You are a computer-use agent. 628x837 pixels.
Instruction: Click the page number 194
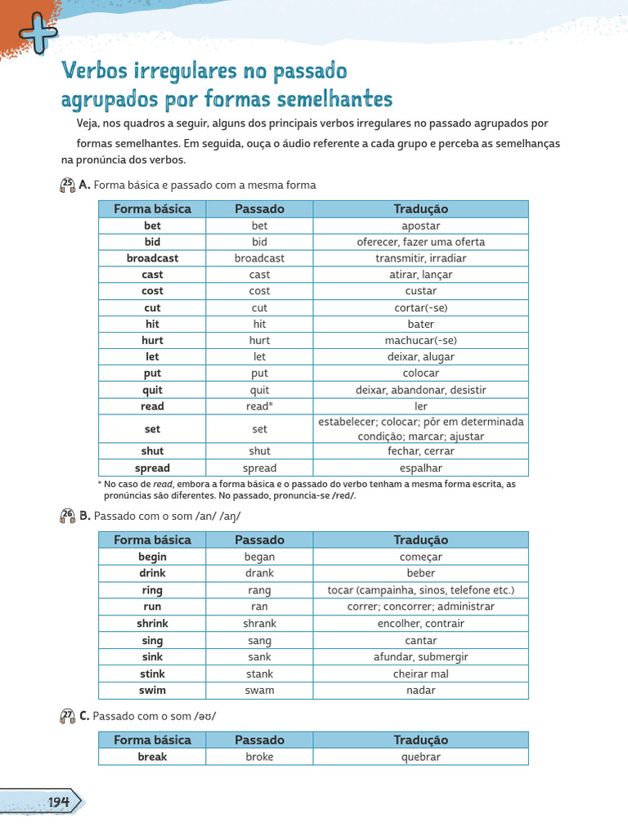[57, 802]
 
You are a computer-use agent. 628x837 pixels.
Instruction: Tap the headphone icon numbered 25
[68, 186]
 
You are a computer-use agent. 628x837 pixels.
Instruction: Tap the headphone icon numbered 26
[68, 516]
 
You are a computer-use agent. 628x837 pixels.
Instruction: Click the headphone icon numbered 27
[68, 716]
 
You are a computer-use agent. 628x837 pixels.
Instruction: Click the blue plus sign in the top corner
[38, 33]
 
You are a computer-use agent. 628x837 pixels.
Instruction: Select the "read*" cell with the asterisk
[259, 406]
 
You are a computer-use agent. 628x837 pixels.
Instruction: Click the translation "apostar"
[421, 226]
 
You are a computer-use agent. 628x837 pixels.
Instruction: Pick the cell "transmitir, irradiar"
[421, 258]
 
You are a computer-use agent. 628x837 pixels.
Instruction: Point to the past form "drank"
[259, 573]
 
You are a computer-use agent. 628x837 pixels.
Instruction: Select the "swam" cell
[259, 690]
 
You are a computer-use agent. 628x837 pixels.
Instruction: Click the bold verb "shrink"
[152, 624]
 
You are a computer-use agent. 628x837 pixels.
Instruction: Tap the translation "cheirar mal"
[421, 674]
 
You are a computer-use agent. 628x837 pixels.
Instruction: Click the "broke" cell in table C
[259, 757]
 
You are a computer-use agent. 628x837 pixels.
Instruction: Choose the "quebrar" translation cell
[421, 757]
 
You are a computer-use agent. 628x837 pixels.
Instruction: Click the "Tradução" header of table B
[421, 539]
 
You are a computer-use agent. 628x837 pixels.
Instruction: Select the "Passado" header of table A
[259, 208]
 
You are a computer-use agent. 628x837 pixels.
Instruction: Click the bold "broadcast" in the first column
[152, 258]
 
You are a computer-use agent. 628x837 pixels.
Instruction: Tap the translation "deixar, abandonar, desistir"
[421, 390]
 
